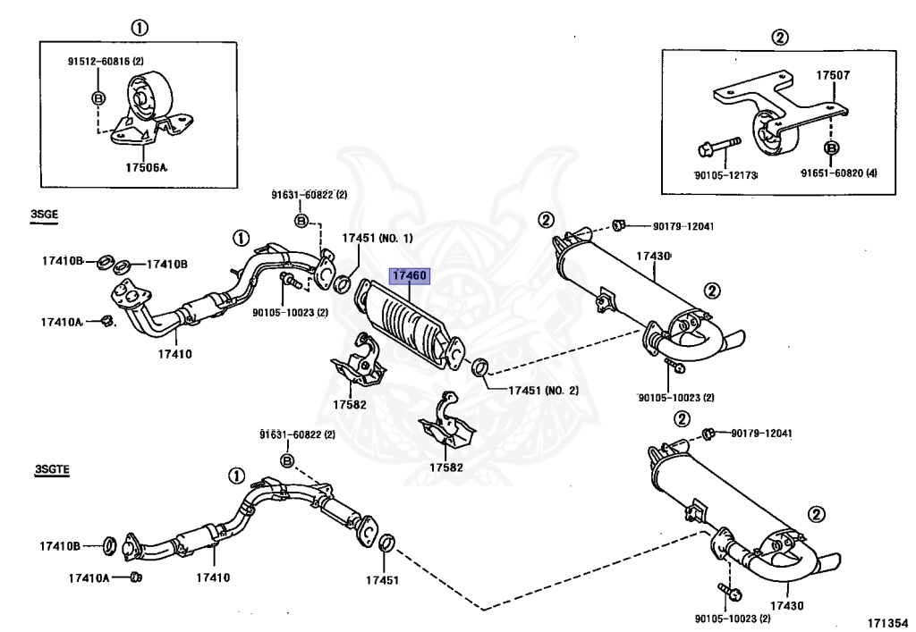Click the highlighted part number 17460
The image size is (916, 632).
click(410, 275)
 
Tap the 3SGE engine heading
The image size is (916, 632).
click(45, 215)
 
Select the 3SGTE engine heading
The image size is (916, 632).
click(52, 469)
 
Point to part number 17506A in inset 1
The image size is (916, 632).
click(146, 167)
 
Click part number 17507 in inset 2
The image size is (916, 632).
click(833, 75)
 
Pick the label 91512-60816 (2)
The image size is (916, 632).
click(106, 61)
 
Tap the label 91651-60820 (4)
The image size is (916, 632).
click(839, 173)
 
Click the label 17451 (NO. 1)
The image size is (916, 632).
click(377, 238)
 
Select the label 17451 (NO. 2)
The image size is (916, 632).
click(543, 390)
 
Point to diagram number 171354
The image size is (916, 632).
click(887, 623)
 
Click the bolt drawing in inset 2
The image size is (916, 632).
click(719, 147)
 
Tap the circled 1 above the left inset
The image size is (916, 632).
click(139, 28)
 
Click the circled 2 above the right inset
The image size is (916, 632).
click(780, 38)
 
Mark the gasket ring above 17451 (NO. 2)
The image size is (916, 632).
click(480, 367)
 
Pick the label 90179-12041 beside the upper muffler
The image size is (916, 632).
click(683, 226)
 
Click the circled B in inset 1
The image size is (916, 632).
click(98, 98)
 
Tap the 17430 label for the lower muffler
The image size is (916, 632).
click(786, 606)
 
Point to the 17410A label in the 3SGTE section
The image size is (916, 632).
click(89, 577)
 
